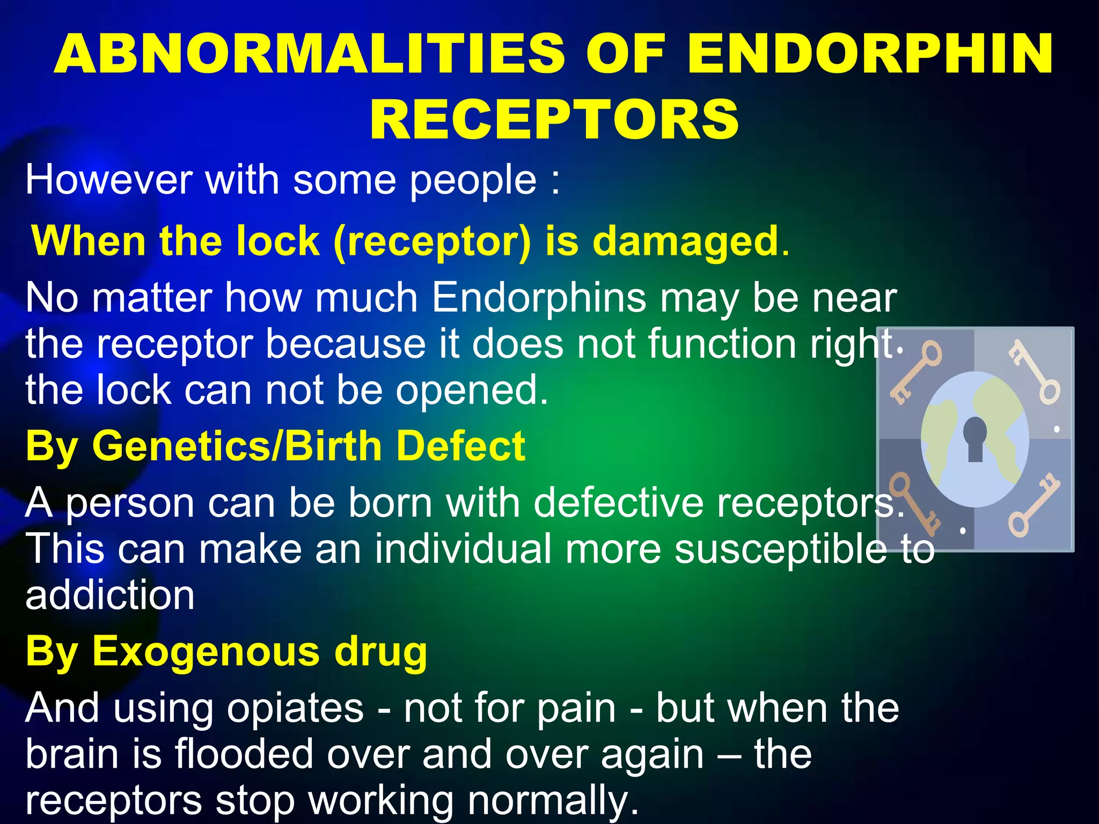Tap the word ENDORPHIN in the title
870,54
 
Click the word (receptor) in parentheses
432,242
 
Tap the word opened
472,390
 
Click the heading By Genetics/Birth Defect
275,446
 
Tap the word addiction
110,595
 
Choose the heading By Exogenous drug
226,652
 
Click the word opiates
295,708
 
